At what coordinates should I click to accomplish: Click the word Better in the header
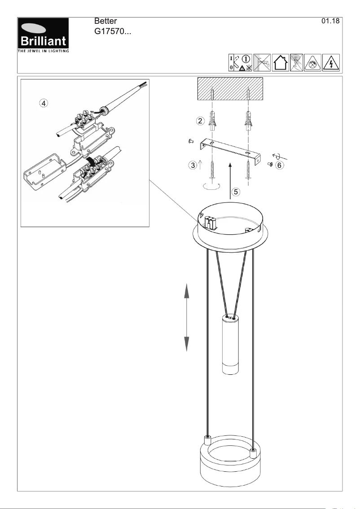coord(106,22)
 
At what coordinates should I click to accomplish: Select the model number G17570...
coord(112,32)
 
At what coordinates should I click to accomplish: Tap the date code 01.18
coord(331,22)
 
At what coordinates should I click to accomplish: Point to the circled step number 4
coord(43,103)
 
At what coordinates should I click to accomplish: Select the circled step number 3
coord(192,165)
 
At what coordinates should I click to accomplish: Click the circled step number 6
coord(279,165)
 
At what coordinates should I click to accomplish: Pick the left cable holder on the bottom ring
coord(208,439)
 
